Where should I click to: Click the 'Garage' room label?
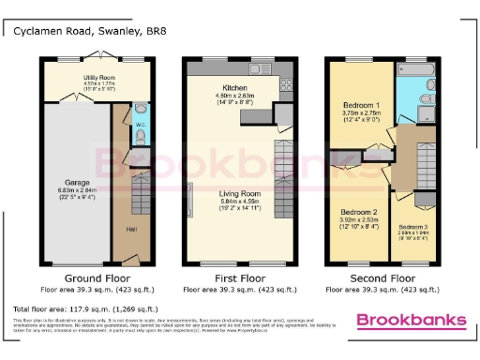coord(76,182)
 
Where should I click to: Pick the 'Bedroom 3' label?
coord(412,227)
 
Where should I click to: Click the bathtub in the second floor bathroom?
coord(413,70)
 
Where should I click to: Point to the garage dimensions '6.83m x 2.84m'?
coord(76,189)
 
